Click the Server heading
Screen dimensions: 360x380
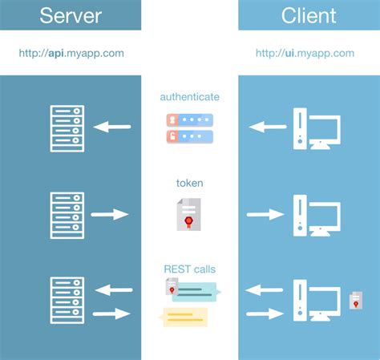point(71,14)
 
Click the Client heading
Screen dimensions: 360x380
point(309,14)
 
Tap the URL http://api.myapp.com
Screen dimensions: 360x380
point(71,53)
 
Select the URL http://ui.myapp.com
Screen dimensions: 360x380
point(305,53)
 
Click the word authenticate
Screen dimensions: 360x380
point(189,97)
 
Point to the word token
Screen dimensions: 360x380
point(189,183)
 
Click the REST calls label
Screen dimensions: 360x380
point(189,269)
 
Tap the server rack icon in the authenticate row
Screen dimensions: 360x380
point(66,126)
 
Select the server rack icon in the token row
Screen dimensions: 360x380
point(66,213)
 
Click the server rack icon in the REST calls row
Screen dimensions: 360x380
point(66,299)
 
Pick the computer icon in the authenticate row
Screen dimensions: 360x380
point(317,128)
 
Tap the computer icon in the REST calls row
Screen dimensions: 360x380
point(317,299)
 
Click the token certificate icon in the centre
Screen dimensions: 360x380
point(190,215)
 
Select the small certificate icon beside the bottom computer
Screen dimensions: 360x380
point(355,301)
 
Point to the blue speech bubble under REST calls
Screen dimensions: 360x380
point(194,293)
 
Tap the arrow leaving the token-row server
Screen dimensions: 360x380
point(109,214)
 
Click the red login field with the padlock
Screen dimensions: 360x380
point(190,136)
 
